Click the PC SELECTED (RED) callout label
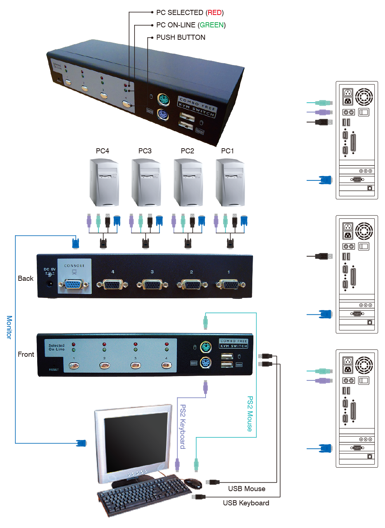pyautogui.click(x=190, y=13)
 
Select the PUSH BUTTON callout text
pyautogui.click(x=180, y=38)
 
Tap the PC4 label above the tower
pyautogui.click(x=102, y=151)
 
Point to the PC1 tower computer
pyautogui.click(x=230, y=183)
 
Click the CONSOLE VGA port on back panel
pyautogui.click(x=74, y=284)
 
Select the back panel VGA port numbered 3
pyautogui.click(x=152, y=284)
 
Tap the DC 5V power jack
pyautogui.click(x=50, y=283)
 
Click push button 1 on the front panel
pyautogui.click(x=74, y=365)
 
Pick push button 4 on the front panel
pyautogui.click(x=167, y=365)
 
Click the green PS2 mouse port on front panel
pyautogui.click(x=206, y=347)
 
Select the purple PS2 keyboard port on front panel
pyautogui.click(x=206, y=363)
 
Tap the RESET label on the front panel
pyautogui.click(x=54, y=370)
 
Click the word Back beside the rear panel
pyautogui.click(x=26, y=279)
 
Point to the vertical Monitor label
pyautogui.click(x=9, y=327)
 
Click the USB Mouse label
pyautogui.click(x=246, y=489)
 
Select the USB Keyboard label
pyautogui.click(x=246, y=503)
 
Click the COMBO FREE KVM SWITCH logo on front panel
pyautogui.click(x=234, y=343)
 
